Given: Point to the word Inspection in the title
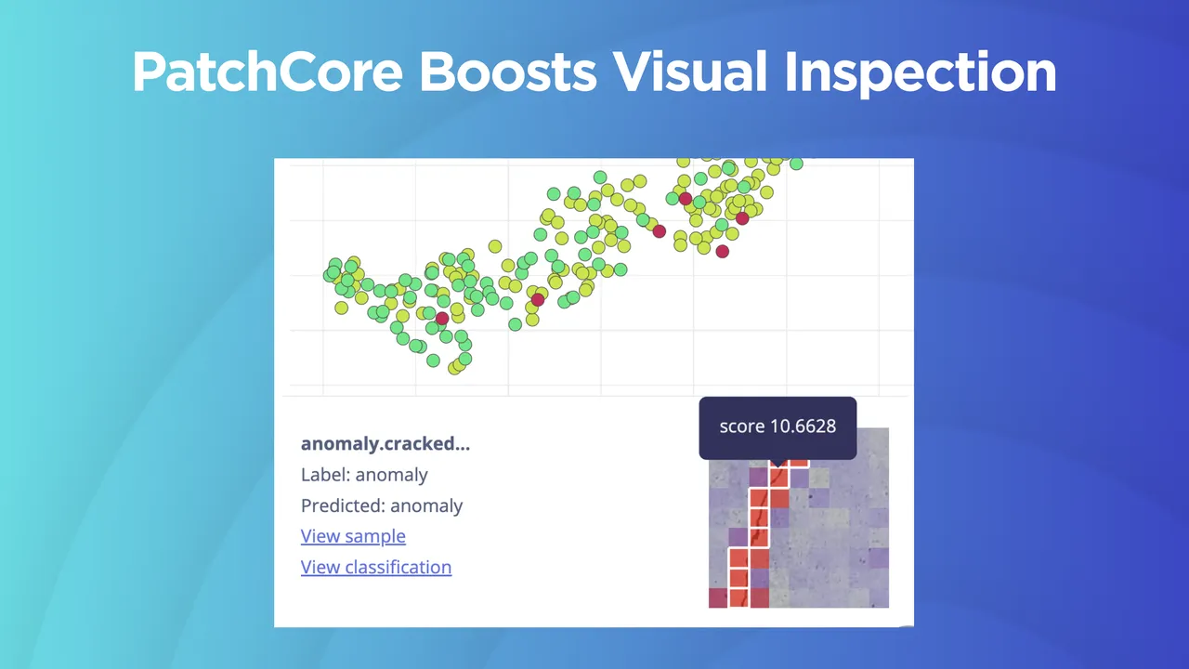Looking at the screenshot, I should pyautogui.click(x=921, y=72).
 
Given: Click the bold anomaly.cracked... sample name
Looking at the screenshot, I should pyautogui.click(x=385, y=443).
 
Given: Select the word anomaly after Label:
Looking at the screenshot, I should pyautogui.click(x=391, y=475).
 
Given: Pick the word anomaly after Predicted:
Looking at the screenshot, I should pyautogui.click(x=426, y=505).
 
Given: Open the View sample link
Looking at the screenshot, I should pyautogui.click(x=353, y=536).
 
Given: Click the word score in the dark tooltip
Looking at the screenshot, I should pyautogui.click(x=741, y=426).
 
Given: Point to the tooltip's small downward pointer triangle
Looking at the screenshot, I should pyautogui.click(x=778, y=462).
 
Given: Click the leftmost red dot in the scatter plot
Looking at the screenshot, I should pyautogui.click(x=442, y=319).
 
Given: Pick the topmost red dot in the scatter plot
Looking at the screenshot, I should pyautogui.click(x=686, y=199).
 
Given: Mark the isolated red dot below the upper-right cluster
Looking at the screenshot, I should pyautogui.click(x=723, y=252).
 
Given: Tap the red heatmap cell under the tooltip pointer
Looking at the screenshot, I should pyautogui.click(x=778, y=477).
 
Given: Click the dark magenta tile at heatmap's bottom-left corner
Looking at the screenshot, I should pyautogui.click(x=718, y=597).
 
